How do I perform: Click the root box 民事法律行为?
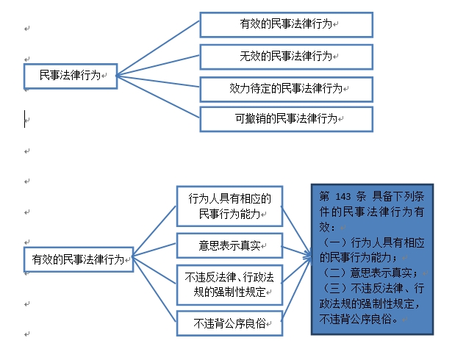coord(69,76)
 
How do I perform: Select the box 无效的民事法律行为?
coord(287,56)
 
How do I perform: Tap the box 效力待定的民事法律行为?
coord(287,88)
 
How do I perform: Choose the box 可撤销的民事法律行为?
coord(287,118)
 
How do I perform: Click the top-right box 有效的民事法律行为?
coord(287,24)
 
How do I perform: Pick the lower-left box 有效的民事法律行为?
coord(78,259)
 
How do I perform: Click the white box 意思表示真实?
coord(230,244)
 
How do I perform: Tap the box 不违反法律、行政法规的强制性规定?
coord(230,284)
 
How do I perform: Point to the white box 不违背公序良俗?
coord(230,323)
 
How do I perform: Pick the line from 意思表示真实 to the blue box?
coord(294,250)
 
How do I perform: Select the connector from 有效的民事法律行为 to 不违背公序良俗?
coord(155,289)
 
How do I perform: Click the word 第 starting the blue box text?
coord(324,198)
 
